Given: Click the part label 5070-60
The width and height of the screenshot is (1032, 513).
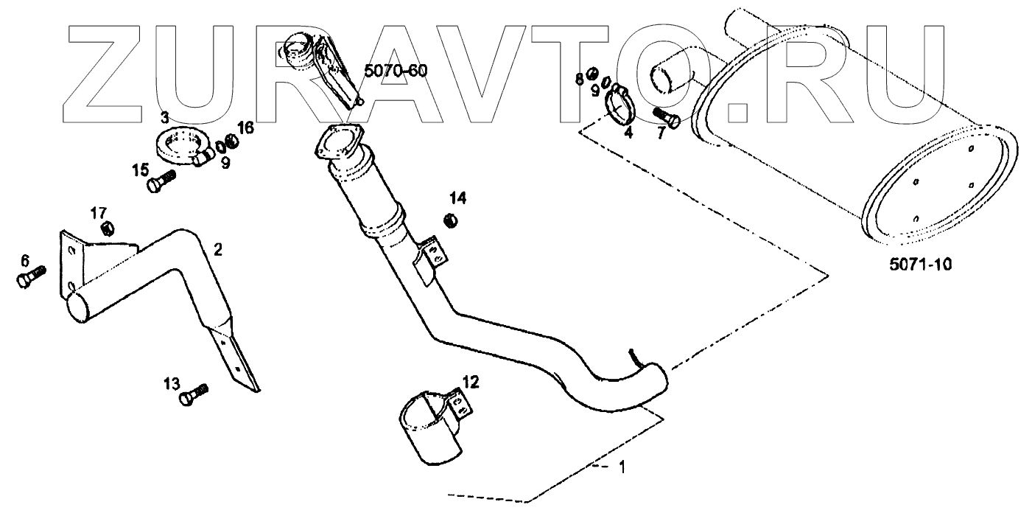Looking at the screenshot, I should click(396, 71).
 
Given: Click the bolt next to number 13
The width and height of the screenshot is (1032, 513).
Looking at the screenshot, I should click(194, 394).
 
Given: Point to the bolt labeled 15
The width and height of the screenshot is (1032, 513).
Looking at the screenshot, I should click(161, 181).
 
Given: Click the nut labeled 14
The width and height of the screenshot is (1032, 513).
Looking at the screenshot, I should click(452, 219).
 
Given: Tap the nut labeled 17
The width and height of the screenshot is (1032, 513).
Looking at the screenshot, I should click(105, 228).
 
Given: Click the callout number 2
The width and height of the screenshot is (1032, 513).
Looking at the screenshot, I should click(217, 249).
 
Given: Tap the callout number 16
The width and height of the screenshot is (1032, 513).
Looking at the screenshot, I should click(245, 128).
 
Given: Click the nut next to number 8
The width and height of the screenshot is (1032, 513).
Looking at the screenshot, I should click(592, 78).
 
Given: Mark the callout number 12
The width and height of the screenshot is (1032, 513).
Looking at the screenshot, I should click(470, 381).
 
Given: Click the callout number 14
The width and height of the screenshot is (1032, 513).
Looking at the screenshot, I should click(458, 198).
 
